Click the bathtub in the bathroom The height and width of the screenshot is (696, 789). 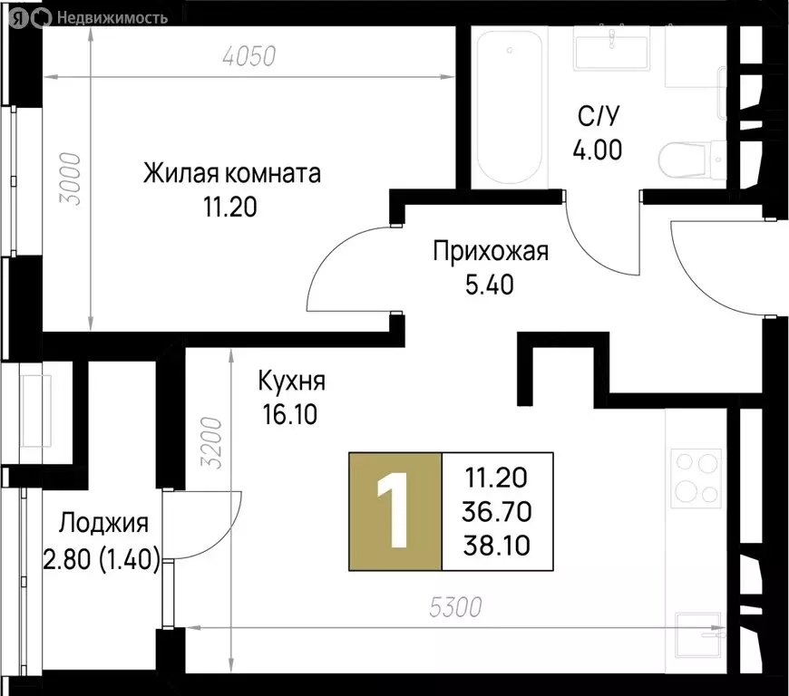pos(509,107)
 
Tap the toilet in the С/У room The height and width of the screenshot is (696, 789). pos(690,161)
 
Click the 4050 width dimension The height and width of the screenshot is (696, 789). pos(248,56)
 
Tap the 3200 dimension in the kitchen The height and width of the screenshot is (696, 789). pos(209,440)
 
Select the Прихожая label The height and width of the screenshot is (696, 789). pos(491,251)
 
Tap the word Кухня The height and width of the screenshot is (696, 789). pos(291,381)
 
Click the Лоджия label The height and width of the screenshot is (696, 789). pos(102,523)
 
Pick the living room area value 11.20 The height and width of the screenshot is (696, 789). pos(230,208)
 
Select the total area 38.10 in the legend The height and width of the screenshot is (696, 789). pos(497,546)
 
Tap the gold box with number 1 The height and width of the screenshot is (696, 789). pos(395,511)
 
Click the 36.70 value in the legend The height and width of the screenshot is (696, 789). pos(497,511)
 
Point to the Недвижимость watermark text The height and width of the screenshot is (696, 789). pos(112,16)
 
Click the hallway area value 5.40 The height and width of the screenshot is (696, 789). pos(490,285)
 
